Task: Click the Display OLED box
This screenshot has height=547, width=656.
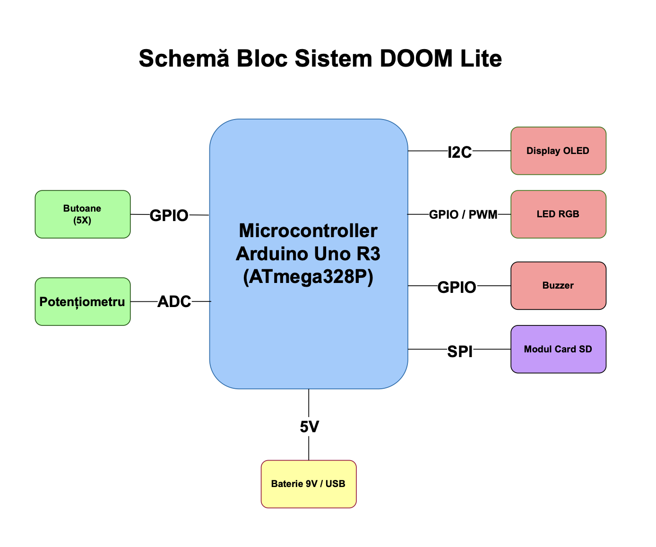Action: pyautogui.click(x=558, y=151)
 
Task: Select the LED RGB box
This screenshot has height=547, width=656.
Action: pyautogui.click(x=558, y=214)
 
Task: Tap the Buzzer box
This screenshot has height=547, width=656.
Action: pyautogui.click(x=558, y=285)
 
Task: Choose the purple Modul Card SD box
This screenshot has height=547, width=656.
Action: pyautogui.click(x=558, y=349)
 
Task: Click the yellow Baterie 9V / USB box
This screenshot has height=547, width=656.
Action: pyautogui.click(x=308, y=484)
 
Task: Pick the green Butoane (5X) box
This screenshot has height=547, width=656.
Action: pyautogui.click(x=82, y=214)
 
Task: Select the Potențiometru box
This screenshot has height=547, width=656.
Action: pyautogui.click(x=82, y=301)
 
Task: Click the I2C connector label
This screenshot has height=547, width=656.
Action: pyautogui.click(x=459, y=152)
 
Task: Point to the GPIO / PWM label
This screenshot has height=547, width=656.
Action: pyautogui.click(x=463, y=214)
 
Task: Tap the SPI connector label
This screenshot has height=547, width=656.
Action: pyautogui.click(x=460, y=351)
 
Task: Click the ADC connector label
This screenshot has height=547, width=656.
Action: pyautogui.click(x=174, y=301)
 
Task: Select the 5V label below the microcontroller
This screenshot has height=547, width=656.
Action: pyautogui.click(x=309, y=427)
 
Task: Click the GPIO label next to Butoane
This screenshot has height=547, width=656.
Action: pyautogui.click(x=169, y=215)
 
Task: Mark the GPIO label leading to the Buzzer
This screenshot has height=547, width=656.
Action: pyautogui.click(x=457, y=287)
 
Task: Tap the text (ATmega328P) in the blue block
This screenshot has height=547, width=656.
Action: pyautogui.click(x=308, y=277)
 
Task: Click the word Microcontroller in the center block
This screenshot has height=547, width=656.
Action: pyautogui.click(x=308, y=231)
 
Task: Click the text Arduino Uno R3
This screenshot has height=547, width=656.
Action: pyautogui.click(x=308, y=254)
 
